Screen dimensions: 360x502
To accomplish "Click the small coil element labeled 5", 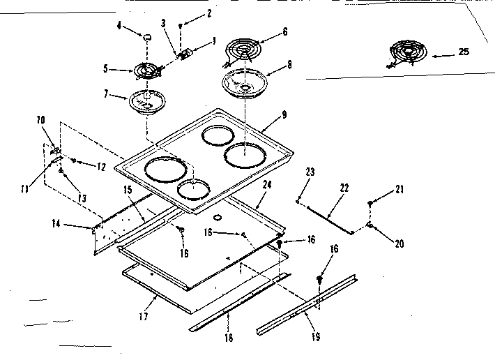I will click(144, 70).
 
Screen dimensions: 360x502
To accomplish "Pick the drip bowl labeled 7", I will click(146, 103).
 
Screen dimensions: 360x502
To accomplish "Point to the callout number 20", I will click(399, 243).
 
